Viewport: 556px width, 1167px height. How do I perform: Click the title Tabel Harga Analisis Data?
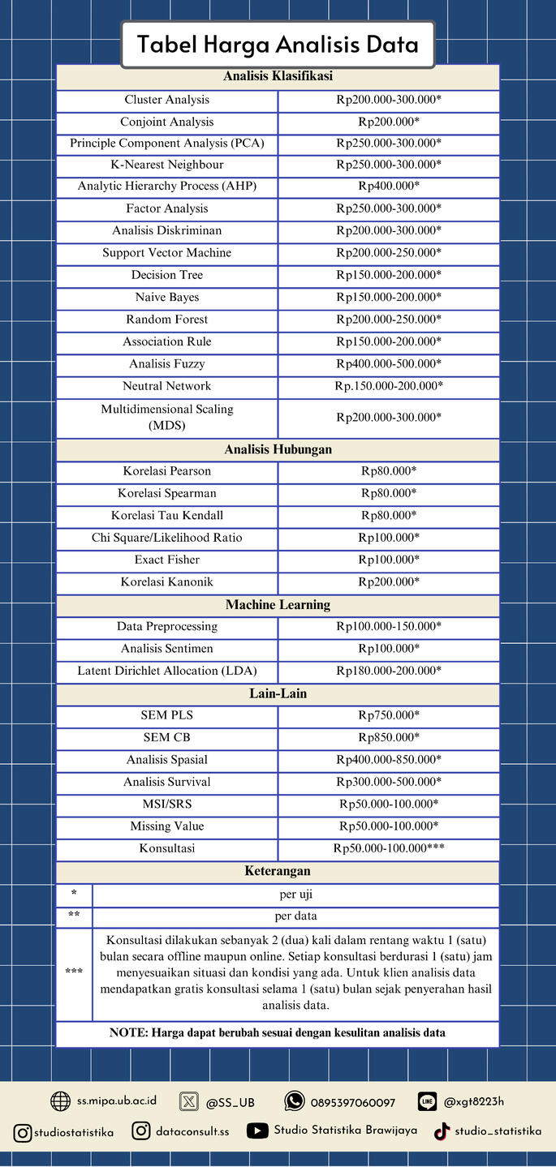coord(278,45)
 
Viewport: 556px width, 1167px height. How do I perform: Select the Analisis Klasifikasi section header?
coord(278,77)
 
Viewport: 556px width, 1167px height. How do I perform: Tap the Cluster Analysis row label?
coord(166,100)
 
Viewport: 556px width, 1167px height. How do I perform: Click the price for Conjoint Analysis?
coord(389,122)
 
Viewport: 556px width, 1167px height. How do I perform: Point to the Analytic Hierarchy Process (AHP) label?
coord(166,186)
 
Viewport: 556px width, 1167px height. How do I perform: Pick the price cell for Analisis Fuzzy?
coord(389,363)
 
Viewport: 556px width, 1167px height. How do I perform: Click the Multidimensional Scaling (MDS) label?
coord(166,417)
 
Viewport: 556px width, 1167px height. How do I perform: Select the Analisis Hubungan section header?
coord(278,449)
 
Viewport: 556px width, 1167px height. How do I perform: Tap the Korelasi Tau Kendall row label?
coord(166,515)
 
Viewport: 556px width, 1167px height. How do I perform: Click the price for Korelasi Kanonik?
coord(389,581)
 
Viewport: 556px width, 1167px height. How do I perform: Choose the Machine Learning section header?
coord(278,605)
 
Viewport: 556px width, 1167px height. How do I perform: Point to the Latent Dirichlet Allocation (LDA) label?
coord(166,671)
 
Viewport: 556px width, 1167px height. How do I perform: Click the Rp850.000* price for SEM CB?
coord(389,737)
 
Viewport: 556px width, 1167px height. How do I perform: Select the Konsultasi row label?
coord(166,848)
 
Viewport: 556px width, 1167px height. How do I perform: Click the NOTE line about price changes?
coord(278,1032)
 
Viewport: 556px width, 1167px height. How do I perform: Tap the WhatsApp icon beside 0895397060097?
coord(294,1101)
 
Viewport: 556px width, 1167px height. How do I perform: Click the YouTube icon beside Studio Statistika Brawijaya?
coord(257,1131)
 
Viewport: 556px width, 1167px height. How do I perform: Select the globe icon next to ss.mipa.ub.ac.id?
coord(60,1101)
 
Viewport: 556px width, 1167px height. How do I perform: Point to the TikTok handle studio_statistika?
coord(498,1131)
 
